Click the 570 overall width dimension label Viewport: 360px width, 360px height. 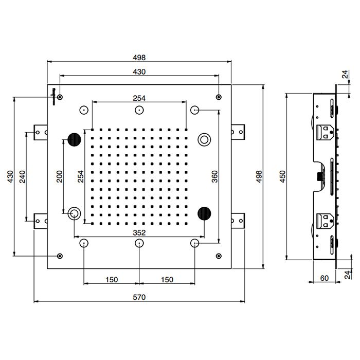[139, 297]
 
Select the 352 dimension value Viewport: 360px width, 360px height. [139, 232]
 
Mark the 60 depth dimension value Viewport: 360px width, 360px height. [324, 278]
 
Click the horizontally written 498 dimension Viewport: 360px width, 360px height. [139, 57]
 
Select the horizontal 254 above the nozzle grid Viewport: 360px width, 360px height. [139, 98]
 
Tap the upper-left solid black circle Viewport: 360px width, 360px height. [75, 139]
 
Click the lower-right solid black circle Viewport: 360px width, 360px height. [205, 212]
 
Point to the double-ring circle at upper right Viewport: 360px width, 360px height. [205, 139]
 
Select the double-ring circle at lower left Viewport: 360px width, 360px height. [75, 212]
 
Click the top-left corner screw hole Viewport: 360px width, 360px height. [61, 97]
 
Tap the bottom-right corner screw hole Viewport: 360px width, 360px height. [219, 256]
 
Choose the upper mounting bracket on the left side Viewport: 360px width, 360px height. [39, 132]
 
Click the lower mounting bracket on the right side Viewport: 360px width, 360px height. [239, 221]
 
